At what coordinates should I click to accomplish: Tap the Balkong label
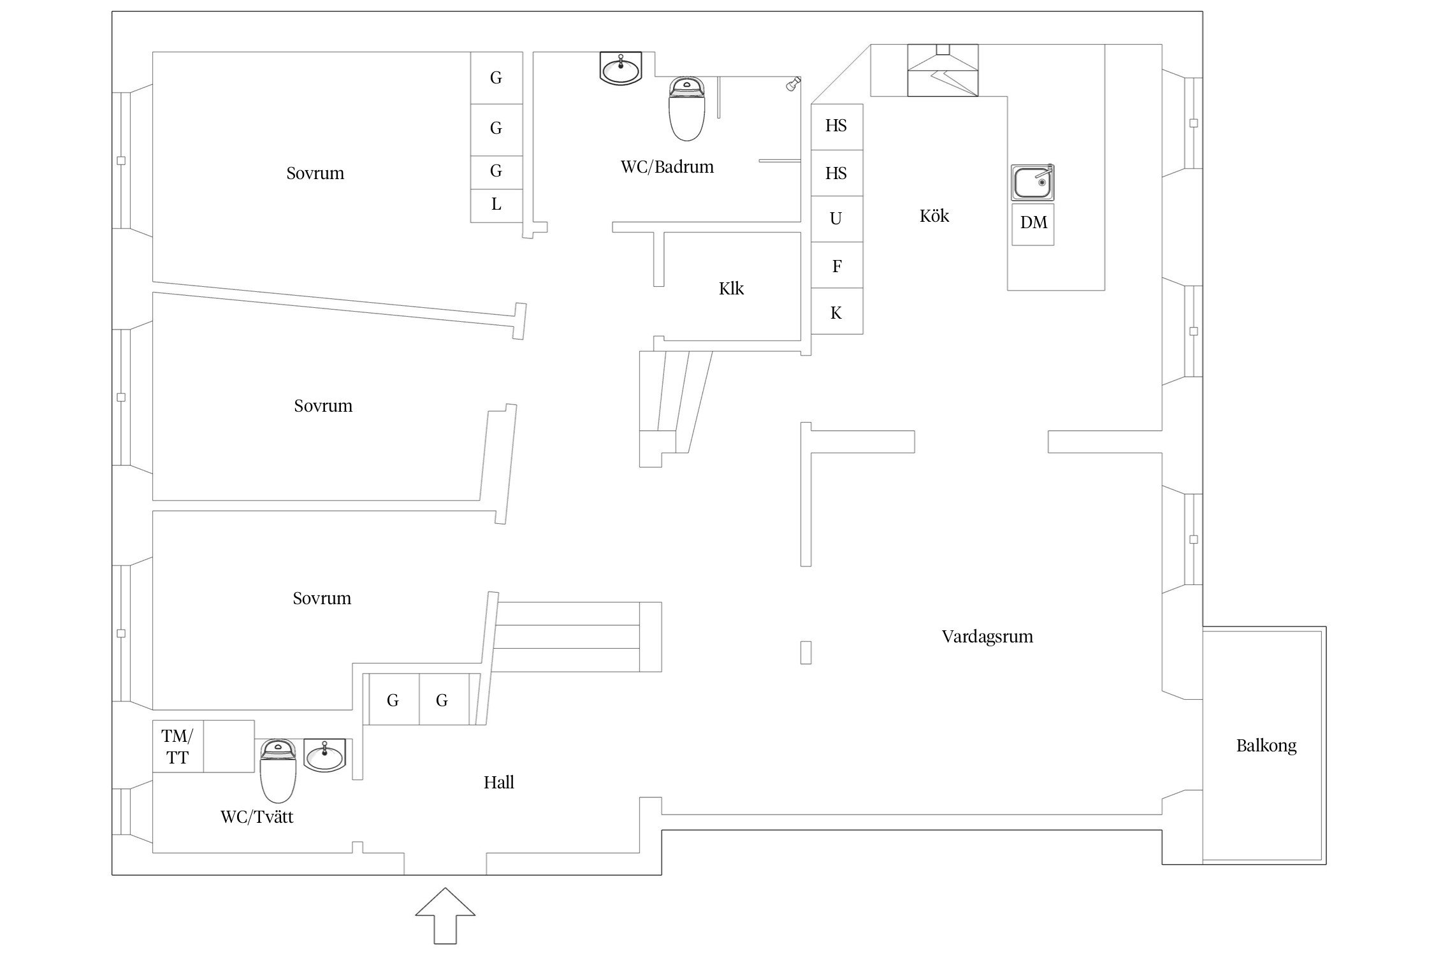[1266, 746]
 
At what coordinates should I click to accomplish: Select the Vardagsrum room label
[987, 636]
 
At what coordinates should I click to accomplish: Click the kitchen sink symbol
[1032, 182]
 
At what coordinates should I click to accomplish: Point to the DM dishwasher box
[1033, 223]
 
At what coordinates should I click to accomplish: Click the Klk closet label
[731, 289]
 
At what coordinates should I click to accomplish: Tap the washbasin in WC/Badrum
[621, 68]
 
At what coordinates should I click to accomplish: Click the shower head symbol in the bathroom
[793, 83]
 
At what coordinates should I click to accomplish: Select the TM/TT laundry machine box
[177, 746]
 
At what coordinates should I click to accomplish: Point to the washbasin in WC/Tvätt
[325, 755]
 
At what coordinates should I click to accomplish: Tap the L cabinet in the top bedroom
[496, 205]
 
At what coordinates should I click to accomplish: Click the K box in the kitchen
[836, 312]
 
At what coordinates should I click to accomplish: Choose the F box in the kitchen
[837, 266]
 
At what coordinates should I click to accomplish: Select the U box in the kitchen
[836, 219]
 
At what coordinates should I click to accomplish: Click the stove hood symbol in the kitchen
[943, 70]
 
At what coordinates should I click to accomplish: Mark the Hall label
[498, 783]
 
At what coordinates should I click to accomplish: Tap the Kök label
[934, 216]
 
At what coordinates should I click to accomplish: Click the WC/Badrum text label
[667, 167]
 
